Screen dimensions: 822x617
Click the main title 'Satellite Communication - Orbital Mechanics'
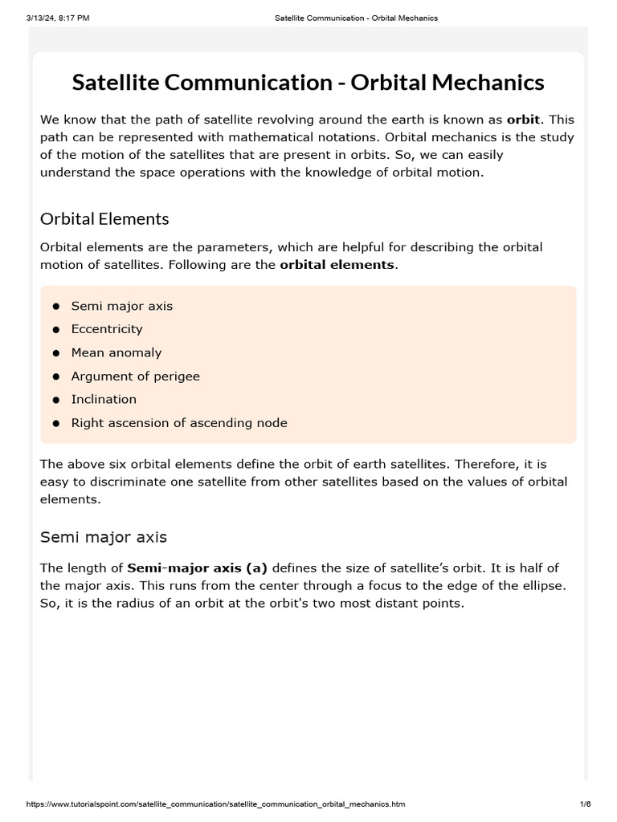click(x=308, y=82)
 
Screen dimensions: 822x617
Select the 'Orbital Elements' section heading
click(x=104, y=218)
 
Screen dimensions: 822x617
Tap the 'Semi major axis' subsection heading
click(x=104, y=537)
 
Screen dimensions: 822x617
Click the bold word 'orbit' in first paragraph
click(x=522, y=120)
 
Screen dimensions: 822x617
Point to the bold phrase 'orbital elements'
click(x=337, y=264)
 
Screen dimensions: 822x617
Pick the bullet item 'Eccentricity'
click(x=107, y=329)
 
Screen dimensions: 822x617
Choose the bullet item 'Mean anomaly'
click(x=116, y=352)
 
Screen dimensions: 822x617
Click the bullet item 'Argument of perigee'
click(x=135, y=376)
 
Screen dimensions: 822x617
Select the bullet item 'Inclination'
click(x=104, y=399)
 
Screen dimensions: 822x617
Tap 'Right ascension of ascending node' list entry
click(x=179, y=422)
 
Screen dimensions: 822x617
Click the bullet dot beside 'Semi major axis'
click(x=56, y=307)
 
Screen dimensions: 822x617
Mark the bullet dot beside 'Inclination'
click(x=56, y=400)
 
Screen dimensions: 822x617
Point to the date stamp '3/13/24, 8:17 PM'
click(x=58, y=18)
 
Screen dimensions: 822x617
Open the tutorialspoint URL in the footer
click(x=216, y=804)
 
